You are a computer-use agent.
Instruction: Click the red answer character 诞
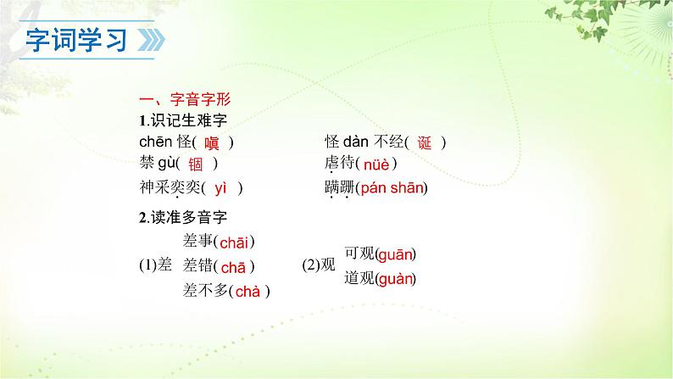(425, 143)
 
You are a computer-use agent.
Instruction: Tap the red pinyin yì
(222, 188)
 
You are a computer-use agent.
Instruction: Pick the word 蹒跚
(338, 188)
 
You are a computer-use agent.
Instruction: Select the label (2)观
(320, 265)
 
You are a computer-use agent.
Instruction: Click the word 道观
(358, 278)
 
